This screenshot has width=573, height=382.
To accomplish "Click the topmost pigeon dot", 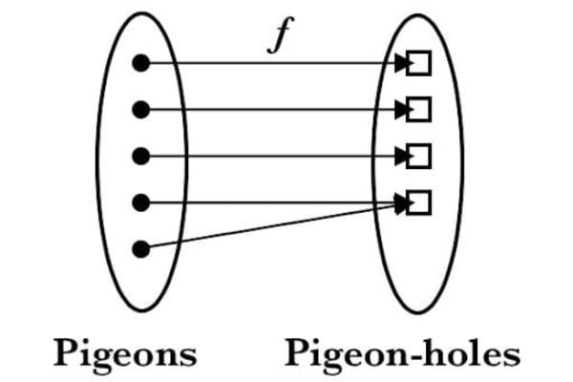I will [x=140, y=64].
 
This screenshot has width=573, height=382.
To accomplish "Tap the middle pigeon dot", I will [x=140, y=156].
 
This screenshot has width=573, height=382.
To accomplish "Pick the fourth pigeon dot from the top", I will [x=140, y=202].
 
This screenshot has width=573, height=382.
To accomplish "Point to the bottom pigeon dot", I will [x=140, y=249].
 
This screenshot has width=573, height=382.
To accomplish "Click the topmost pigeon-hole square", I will [x=419, y=64].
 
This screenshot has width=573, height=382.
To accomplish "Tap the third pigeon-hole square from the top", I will [x=419, y=156].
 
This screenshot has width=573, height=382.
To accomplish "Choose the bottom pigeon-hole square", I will [x=419, y=202].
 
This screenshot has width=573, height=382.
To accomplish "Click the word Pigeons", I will [x=125, y=354].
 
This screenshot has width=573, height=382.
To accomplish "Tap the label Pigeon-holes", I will [x=402, y=354].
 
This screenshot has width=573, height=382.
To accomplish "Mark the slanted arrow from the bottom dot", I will [x=277, y=225].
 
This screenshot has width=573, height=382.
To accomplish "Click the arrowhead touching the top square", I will [x=402, y=64].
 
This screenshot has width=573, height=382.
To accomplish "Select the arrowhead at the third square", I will [x=402, y=156].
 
